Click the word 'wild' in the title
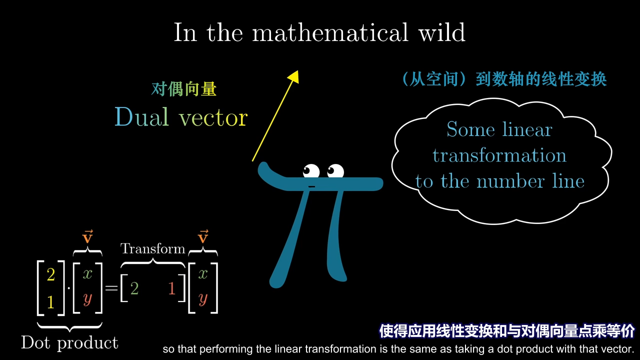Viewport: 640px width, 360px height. pos(442,32)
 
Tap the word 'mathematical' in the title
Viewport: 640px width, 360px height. pos(330,32)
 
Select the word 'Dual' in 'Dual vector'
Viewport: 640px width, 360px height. pos(141,116)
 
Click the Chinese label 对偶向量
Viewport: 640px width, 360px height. pos(183,89)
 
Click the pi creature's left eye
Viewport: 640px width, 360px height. pos(311,170)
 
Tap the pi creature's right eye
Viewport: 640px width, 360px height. pos(335,170)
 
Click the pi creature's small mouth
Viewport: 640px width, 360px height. pos(311,186)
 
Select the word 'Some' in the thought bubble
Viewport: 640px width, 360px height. pos(470,129)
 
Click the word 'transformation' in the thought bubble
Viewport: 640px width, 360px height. pos(499,155)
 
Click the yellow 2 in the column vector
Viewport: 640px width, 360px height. pos(51,274)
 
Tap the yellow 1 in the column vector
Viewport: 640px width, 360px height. pos(51,301)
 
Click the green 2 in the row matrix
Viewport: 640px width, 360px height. pos(134,288)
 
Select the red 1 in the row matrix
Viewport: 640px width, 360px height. pos(171,288)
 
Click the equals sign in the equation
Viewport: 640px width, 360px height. pos(111,288)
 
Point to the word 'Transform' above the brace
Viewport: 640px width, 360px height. pos(153,248)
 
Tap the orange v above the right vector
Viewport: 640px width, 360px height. pos(203,236)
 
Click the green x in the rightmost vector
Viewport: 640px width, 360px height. pos(203,274)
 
